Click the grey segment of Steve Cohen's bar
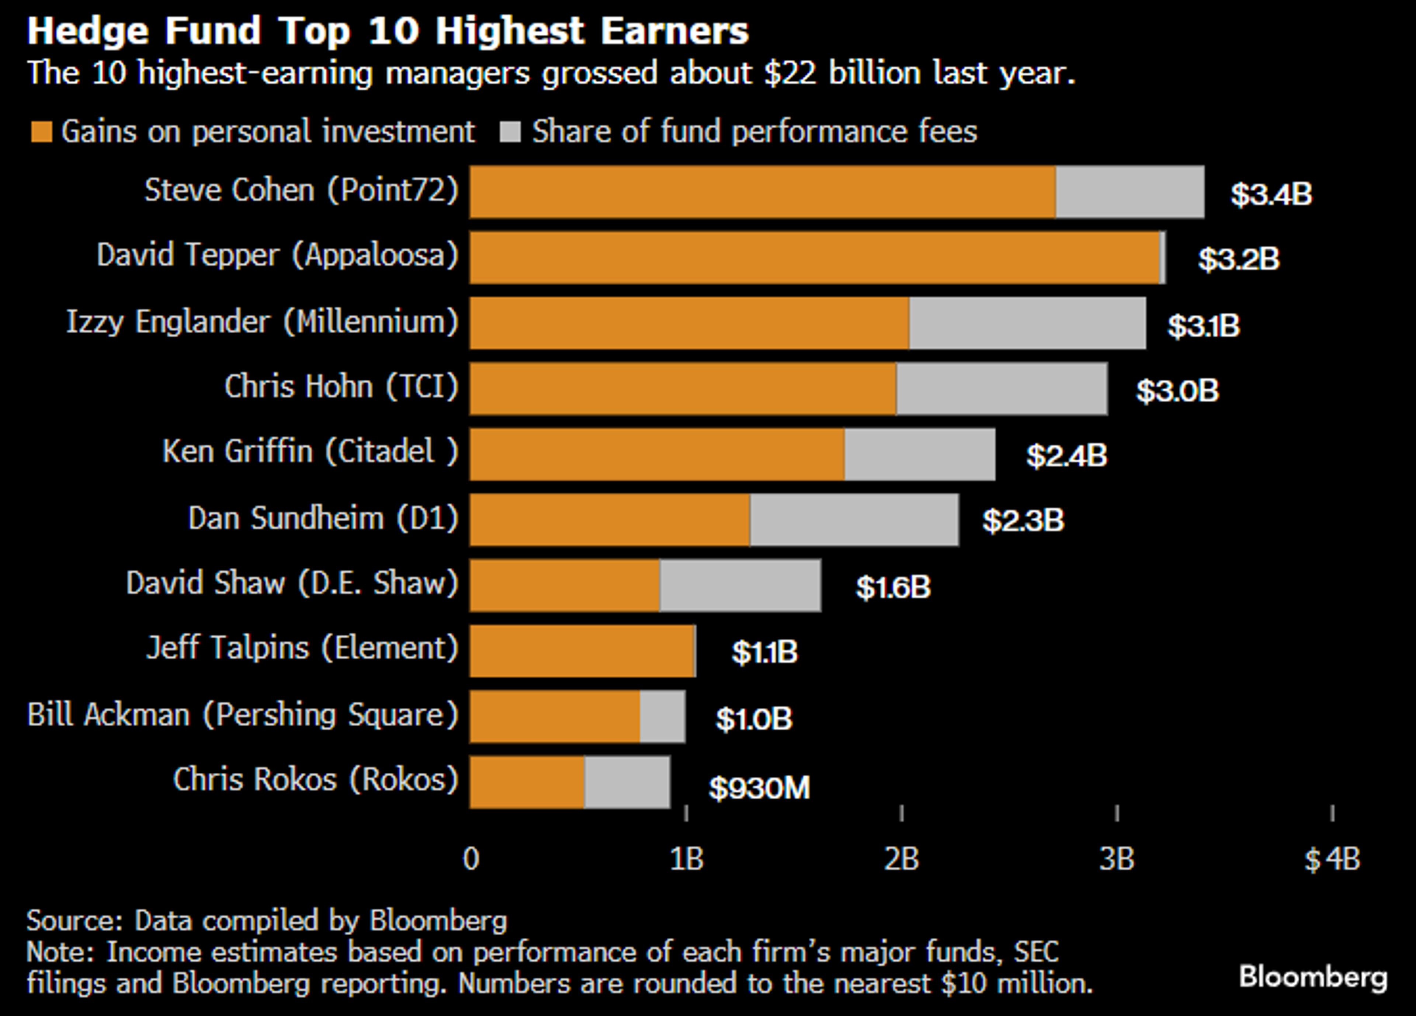point(1129,192)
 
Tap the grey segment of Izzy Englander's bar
point(1027,323)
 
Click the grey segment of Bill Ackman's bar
point(662,716)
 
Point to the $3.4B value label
point(1271,194)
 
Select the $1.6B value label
point(893,587)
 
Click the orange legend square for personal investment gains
point(41,132)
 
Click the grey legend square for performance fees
point(510,132)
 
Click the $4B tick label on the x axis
point(1332,859)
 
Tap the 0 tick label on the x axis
point(471,859)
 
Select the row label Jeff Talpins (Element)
point(302,647)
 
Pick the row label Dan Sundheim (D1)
point(323,518)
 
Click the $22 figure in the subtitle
point(790,73)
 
